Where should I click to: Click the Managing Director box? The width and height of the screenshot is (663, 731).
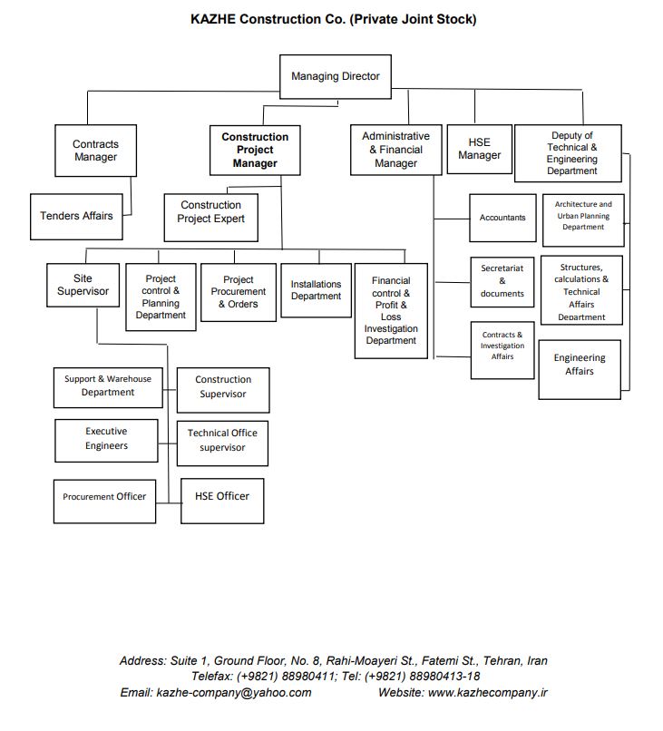coord(335,77)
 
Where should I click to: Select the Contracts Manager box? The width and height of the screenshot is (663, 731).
coord(95,151)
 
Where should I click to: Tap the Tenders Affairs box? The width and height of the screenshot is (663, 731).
coord(76,216)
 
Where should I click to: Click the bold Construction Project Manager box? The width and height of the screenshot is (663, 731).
coord(255,151)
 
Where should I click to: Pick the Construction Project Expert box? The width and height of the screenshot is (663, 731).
coord(211,212)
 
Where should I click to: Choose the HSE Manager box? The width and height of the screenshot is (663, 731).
coord(479,149)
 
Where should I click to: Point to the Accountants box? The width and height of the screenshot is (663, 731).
coord(502,218)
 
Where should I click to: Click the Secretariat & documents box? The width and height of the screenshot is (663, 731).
coord(502,281)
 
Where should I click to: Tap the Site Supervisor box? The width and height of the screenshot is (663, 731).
coord(83,285)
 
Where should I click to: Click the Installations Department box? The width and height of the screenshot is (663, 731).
coord(316,290)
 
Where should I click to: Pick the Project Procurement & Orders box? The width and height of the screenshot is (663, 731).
coord(239,292)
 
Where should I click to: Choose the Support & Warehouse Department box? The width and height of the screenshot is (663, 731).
coord(108,386)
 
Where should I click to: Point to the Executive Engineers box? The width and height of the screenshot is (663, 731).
coord(107,439)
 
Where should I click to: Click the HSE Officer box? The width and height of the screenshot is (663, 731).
coord(222,496)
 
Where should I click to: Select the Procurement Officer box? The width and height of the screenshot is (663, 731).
coord(104,497)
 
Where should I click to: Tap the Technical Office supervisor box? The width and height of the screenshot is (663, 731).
coord(222,440)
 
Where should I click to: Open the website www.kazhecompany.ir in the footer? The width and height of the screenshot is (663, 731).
coord(487,692)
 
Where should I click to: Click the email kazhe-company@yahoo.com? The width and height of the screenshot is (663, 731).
coord(234,692)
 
